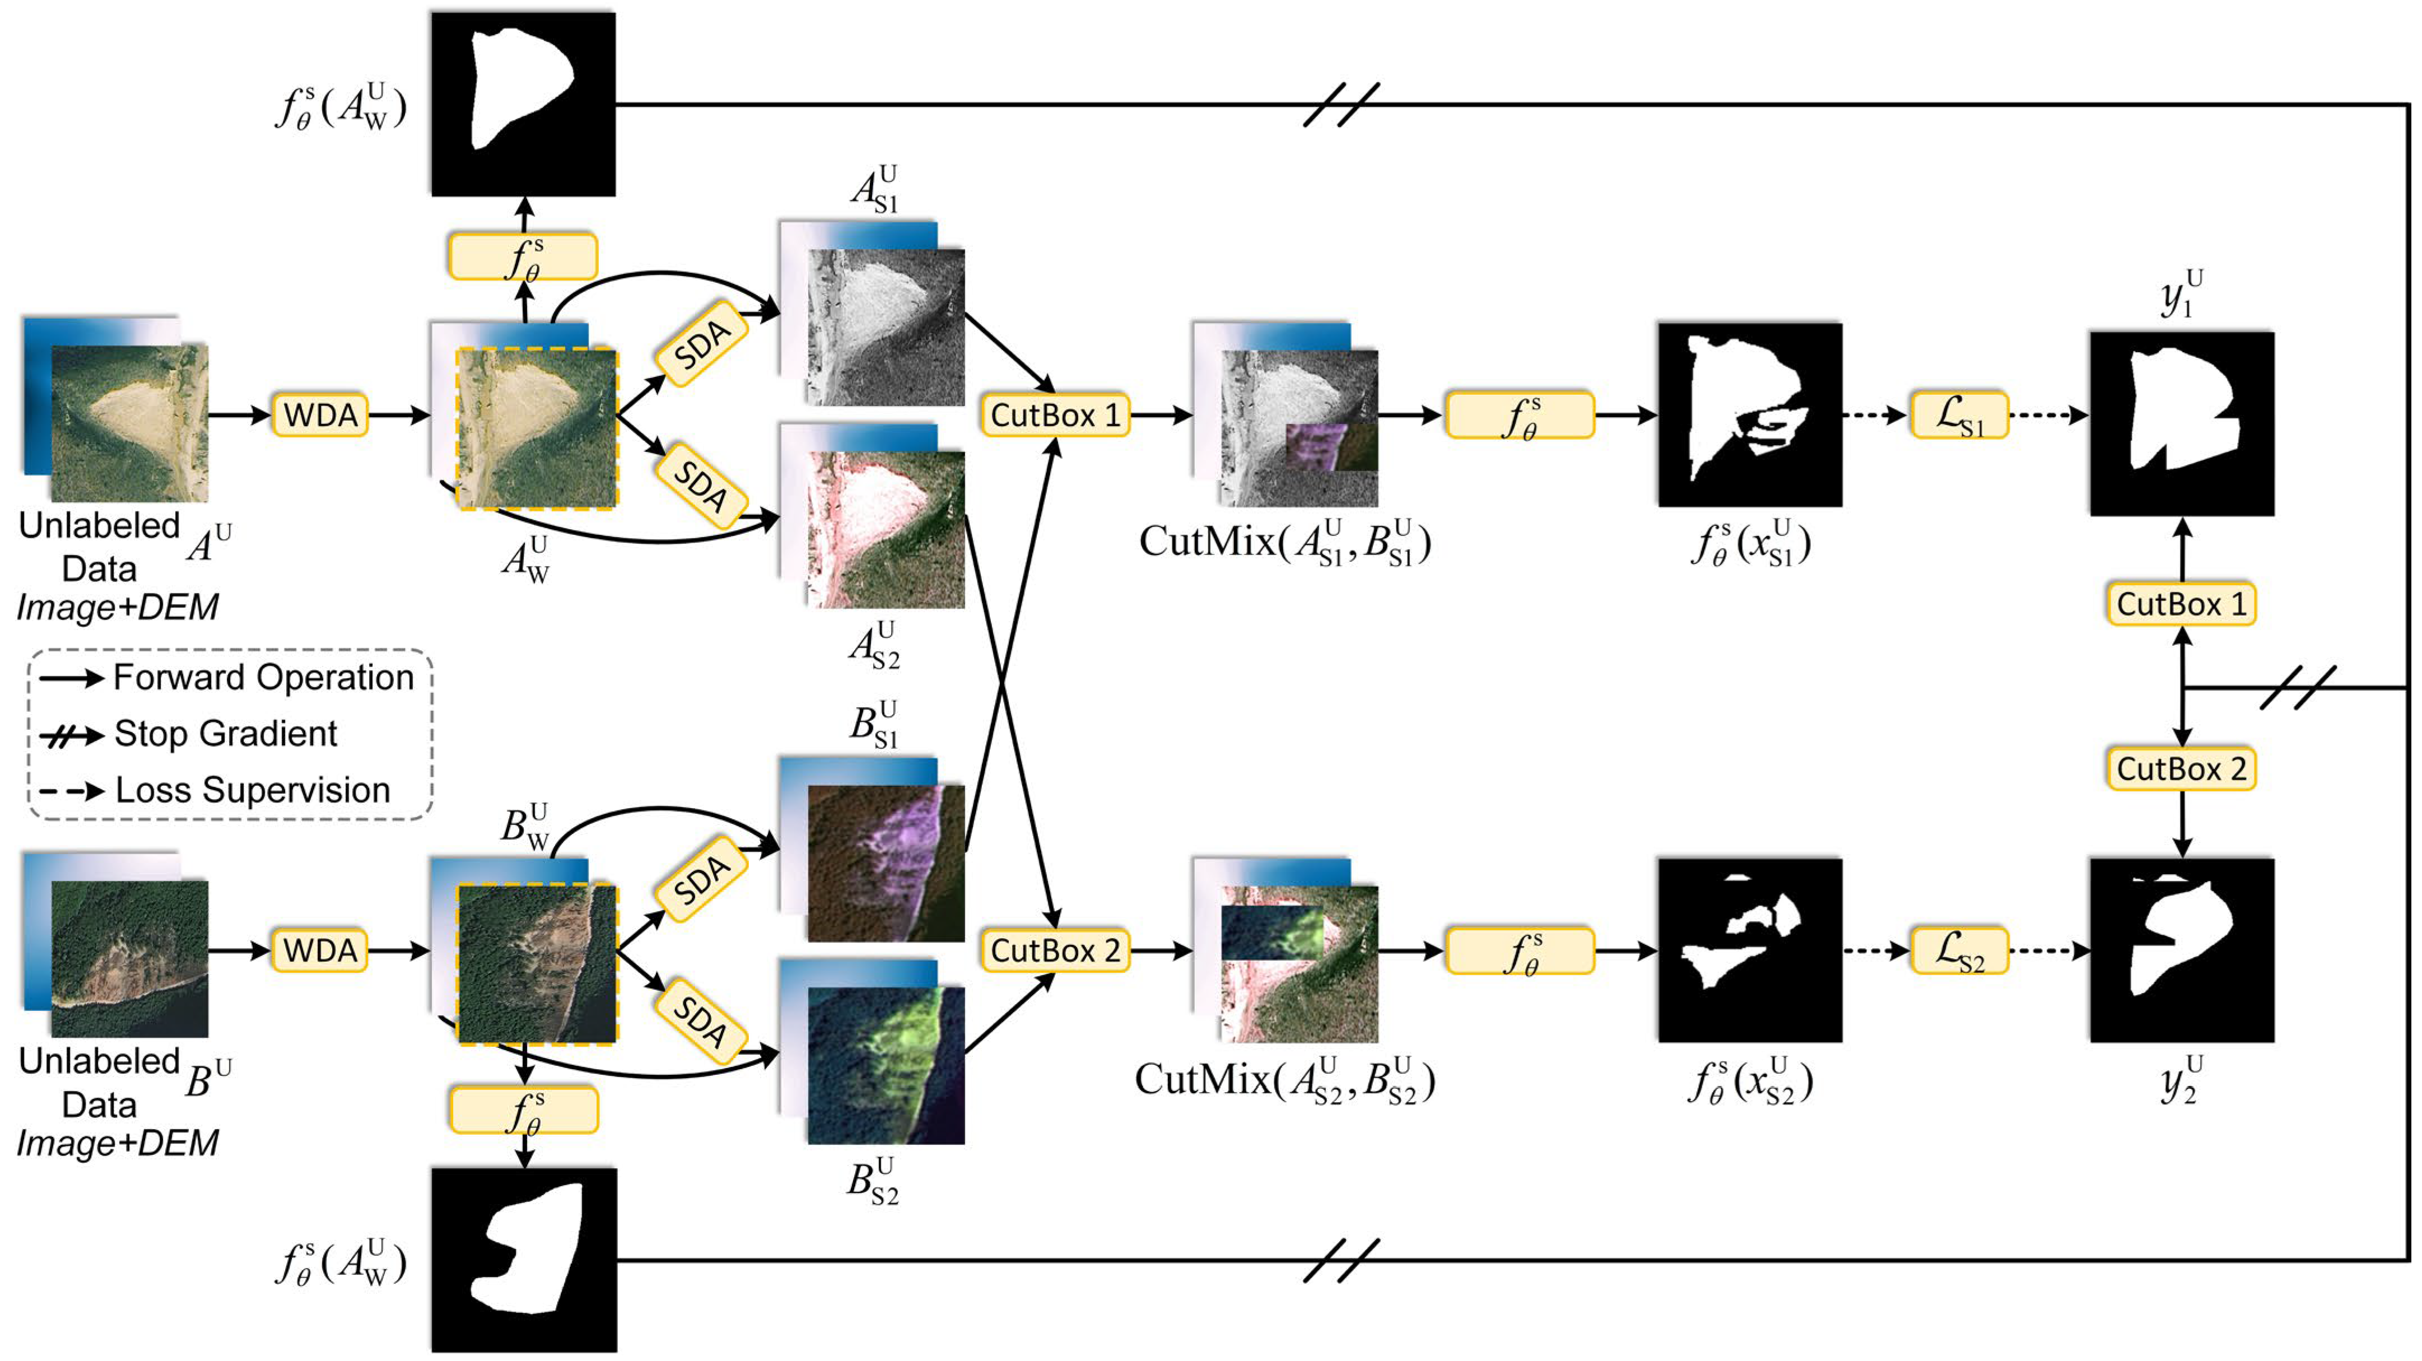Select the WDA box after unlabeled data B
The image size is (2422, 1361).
[320, 950]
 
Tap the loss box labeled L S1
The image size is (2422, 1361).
[1959, 416]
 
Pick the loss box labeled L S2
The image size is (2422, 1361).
[1959, 950]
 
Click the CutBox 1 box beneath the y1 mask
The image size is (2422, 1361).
[2181, 603]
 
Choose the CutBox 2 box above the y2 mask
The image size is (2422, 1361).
[2181, 769]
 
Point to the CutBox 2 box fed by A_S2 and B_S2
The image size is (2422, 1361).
[1054, 950]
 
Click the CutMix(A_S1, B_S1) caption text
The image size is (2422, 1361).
[1284, 543]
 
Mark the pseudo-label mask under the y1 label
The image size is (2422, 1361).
[2181, 423]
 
